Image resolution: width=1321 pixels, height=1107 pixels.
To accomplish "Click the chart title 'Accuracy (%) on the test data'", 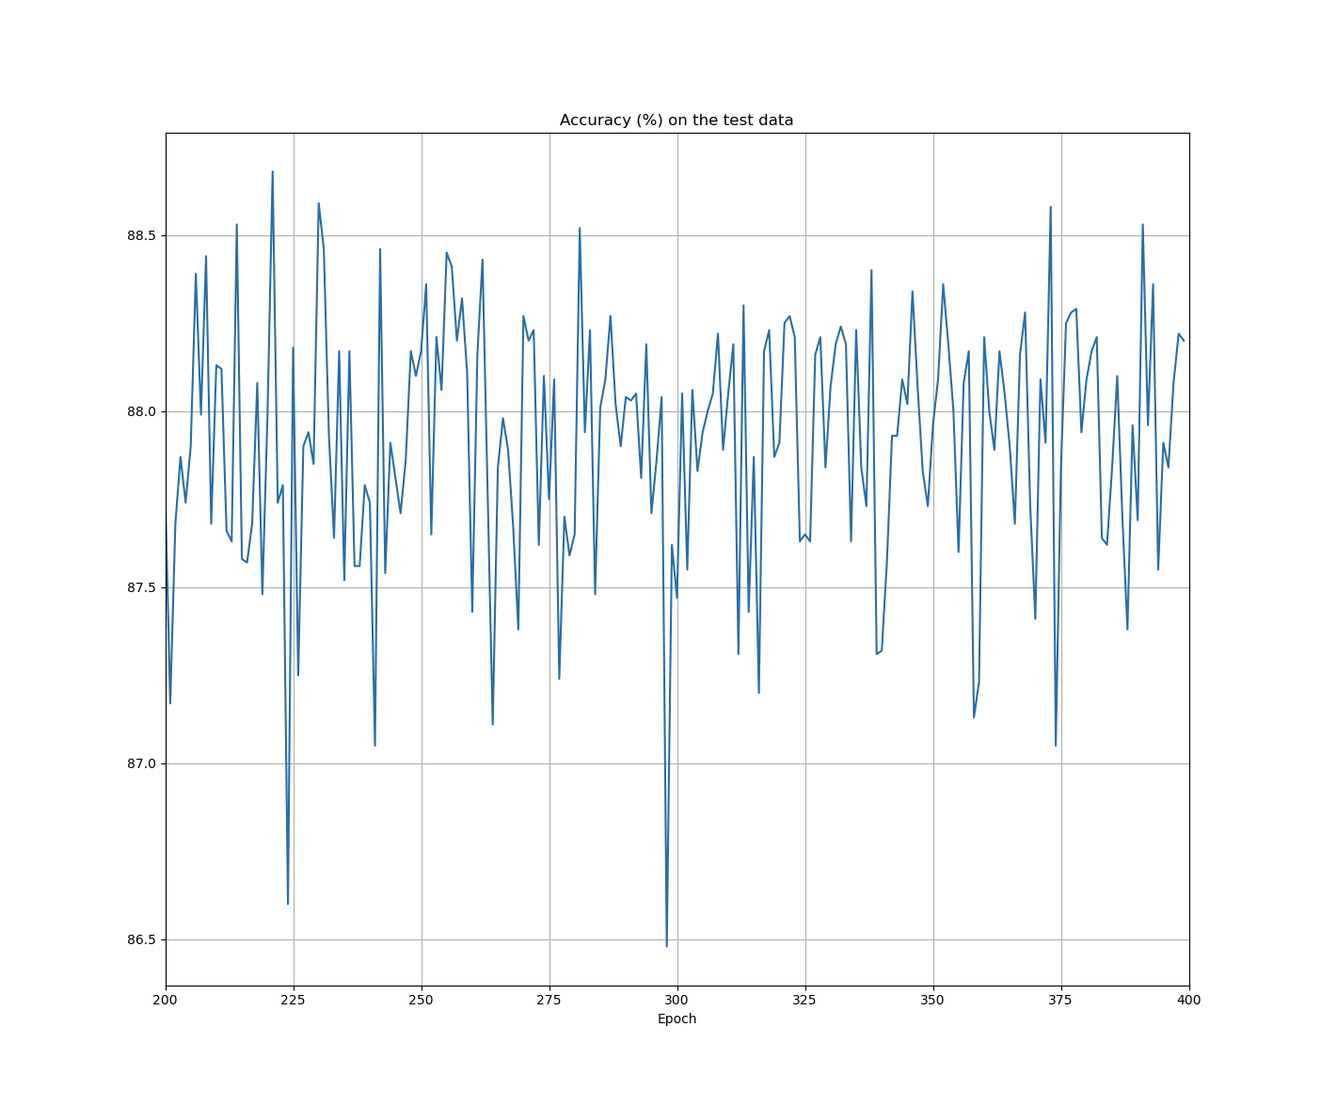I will (x=676, y=120).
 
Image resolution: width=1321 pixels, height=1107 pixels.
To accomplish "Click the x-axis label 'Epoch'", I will (x=676, y=1019).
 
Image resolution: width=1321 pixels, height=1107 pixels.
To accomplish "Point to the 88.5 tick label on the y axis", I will (x=141, y=235).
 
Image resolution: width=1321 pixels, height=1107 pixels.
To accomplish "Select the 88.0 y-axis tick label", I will (x=141, y=411).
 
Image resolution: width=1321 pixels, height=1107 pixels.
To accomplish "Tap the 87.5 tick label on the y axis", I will (x=141, y=587).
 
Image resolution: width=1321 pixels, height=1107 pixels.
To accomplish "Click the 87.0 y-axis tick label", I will (x=141, y=763).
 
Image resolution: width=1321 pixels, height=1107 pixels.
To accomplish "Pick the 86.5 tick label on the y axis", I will (x=141, y=939).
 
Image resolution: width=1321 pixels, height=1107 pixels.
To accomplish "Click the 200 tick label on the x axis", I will (x=166, y=1001).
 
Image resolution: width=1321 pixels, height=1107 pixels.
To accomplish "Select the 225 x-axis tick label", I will (x=294, y=1001).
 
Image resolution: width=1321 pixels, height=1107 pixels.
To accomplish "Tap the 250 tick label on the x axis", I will (x=422, y=1001).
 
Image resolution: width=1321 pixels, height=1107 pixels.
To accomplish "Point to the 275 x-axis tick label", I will (x=549, y=1001).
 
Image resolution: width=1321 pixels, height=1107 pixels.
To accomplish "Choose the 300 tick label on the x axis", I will (x=677, y=1001).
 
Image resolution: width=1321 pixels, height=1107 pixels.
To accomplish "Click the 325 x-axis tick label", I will (x=805, y=1001).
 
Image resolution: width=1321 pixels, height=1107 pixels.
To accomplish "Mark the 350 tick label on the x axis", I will (x=933, y=1001).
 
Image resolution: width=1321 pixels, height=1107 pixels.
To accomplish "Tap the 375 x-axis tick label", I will (x=1061, y=1001).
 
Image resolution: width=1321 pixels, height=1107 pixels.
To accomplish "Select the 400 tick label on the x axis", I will (x=1189, y=1001).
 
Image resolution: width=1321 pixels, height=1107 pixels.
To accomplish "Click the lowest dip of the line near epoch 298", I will (x=667, y=945).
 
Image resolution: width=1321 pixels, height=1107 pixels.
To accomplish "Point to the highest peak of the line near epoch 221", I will (x=273, y=172).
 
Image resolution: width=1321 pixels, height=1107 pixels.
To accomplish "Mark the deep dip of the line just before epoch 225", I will (x=288, y=904).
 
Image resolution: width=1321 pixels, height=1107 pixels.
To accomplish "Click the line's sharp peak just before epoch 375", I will (x=1051, y=207).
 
